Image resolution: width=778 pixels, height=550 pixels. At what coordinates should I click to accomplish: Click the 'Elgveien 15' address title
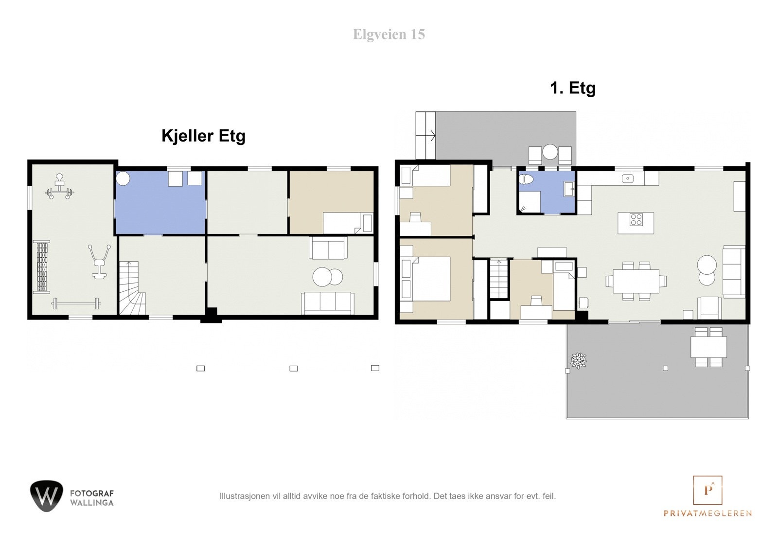pyautogui.click(x=389, y=35)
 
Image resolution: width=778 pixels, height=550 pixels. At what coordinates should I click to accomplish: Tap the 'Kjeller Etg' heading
pyautogui.click(x=203, y=136)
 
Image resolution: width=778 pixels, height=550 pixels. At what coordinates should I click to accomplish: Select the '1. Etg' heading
pyautogui.click(x=572, y=88)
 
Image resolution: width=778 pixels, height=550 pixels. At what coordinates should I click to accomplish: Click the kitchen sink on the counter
pyautogui.click(x=627, y=178)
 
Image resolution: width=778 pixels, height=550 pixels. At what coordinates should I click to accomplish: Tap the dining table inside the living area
pyautogui.click(x=636, y=281)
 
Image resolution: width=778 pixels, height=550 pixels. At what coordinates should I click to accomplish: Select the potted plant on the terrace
pyautogui.click(x=578, y=360)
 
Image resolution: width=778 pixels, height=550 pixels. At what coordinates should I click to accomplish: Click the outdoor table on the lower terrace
pyautogui.click(x=708, y=347)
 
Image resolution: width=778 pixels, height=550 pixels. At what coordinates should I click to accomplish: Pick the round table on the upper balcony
pyautogui.click(x=550, y=152)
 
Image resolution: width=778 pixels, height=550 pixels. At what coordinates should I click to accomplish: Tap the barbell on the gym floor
pyautogui.click(x=76, y=304)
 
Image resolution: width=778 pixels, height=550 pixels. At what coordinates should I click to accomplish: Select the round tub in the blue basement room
pyautogui.click(x=123, y=178)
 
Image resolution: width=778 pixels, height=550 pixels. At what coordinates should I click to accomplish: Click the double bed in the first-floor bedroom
pyautogui.click(x=430, y=279)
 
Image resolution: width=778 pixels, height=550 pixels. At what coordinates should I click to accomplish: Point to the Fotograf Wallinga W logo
pyautogui.click(x=47, y=496)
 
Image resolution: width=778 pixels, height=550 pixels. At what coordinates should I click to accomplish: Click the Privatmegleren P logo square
pyautogui.click(x=707, y=490)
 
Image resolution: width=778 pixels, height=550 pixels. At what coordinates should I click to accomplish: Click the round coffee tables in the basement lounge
pyautogui.click(x=327, y=277)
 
